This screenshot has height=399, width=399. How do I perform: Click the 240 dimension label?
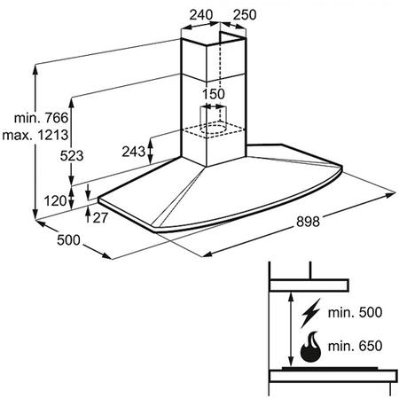[201, 14]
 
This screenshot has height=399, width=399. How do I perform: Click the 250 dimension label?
[245, 14]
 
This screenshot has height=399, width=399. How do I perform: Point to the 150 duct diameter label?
[213, 94]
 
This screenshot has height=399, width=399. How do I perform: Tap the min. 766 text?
[41, 118]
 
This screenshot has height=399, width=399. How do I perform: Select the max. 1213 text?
[35, 135]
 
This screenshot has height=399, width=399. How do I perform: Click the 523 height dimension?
[72, 155]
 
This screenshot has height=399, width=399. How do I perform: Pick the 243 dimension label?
[134, 152]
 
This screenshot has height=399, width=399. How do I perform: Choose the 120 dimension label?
[56, 201]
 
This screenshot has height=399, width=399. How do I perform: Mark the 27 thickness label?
[100, 218]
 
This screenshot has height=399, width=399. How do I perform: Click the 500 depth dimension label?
[68, 239]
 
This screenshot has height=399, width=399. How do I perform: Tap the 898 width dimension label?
[308, 222]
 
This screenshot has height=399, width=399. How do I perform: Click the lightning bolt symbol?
[310, 313]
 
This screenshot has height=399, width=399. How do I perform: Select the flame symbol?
[310, 347]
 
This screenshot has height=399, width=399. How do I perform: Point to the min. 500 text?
[355, 312]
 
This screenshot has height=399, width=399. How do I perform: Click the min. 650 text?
[355, 346]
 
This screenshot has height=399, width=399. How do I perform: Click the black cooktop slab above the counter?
[330, 369]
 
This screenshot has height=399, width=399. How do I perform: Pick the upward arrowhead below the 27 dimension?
[88, 210]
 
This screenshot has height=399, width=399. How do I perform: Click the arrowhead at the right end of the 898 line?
[391, 194]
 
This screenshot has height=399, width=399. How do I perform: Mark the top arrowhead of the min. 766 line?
[35, 68]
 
